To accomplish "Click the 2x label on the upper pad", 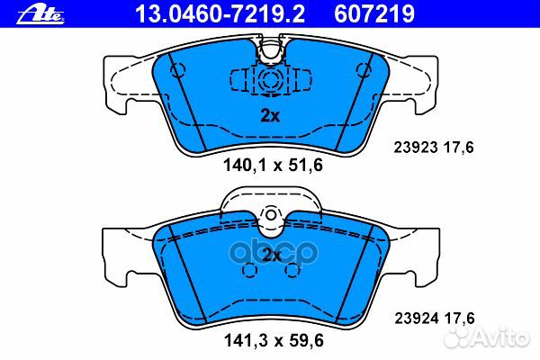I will coord(269,115).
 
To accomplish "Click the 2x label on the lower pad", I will coord(271,255).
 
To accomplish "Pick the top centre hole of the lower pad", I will coord(271,216).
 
